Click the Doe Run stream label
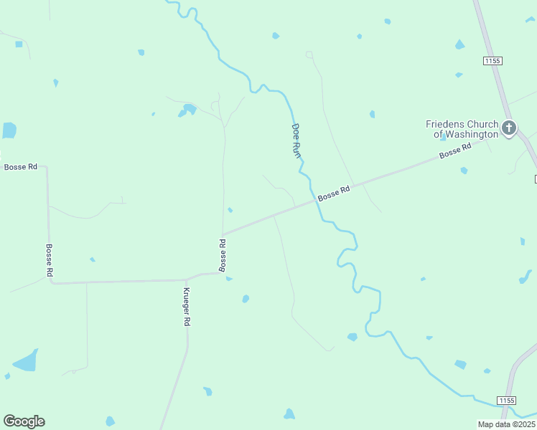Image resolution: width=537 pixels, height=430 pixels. click(x=295, y=140)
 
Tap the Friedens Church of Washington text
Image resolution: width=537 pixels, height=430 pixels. click(x=462, y=129)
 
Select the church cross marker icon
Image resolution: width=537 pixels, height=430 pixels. click(x=509, y=128)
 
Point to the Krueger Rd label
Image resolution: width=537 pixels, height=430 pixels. click(x=186, y=307)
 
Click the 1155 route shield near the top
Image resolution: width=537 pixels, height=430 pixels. click(x=492, y=62)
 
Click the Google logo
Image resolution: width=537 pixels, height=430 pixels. click(x=24, y=421)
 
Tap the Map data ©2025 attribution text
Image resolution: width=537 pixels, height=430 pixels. click(x=506, y=424)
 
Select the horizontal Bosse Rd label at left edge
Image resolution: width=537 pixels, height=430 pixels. click(x=20, y=167)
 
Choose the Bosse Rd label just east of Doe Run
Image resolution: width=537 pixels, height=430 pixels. click(x=334, y=193)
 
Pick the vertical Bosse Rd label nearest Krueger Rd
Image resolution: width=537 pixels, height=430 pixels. click(x=223, y=255)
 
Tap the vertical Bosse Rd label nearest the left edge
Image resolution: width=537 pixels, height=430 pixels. click(x=50, y=260)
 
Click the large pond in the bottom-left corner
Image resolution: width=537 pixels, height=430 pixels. click(x=26, y=360)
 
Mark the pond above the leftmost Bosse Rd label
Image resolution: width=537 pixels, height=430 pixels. click(x=9, y=130)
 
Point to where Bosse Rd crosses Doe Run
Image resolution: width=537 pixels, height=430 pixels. click(x=314, y=201)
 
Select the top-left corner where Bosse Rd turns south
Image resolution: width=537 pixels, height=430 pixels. click(x=47, y=167)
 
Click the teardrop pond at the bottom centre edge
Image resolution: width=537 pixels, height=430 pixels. click(x=289, y=414)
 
